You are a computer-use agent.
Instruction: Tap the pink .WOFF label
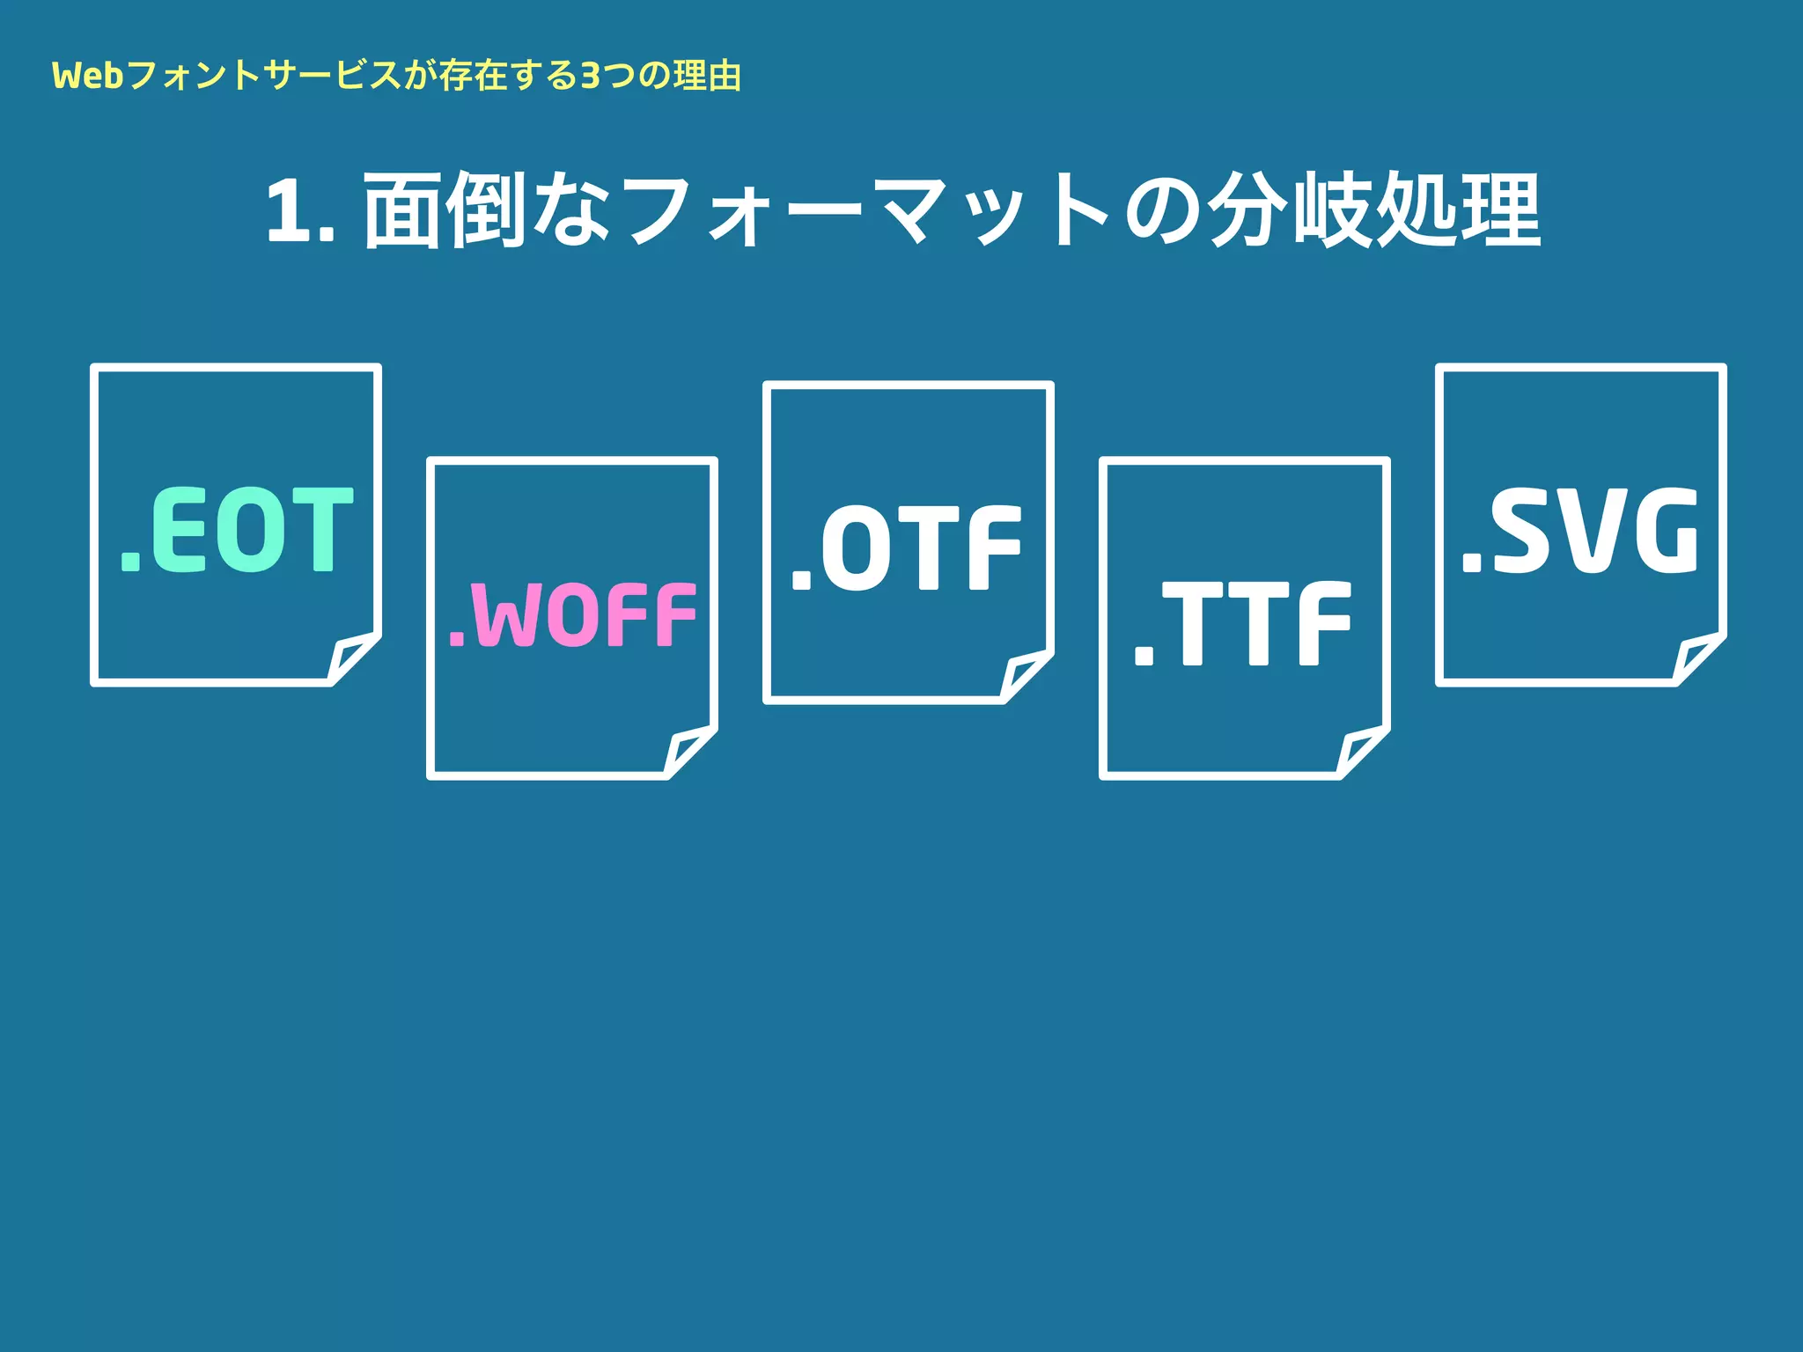572,614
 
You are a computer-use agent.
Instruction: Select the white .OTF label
908,547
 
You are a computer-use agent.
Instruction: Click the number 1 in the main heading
290,211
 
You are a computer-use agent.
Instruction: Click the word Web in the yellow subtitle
87,77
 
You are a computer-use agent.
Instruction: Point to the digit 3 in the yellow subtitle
590,77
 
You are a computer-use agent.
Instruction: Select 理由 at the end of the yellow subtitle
707,77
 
